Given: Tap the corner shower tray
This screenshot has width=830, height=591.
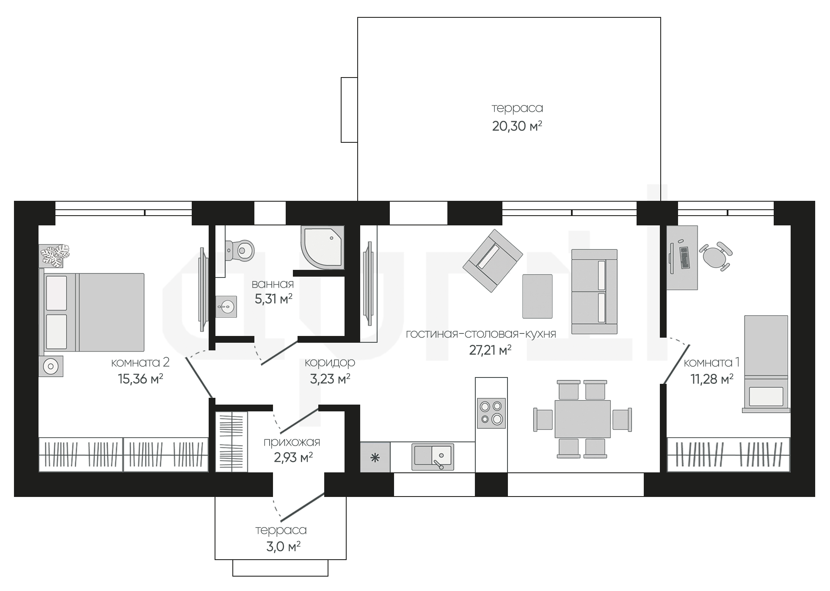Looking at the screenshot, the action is [323, 247].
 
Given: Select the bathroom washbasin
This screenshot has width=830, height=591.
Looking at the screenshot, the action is [226, 306].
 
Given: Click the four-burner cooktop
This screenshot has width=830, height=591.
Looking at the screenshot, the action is [491, 413].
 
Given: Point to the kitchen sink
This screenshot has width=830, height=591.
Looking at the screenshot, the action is [433, 457].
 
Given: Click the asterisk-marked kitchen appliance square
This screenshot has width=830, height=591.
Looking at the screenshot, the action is [375, 457].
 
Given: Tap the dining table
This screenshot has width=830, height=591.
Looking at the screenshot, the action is [582, 419].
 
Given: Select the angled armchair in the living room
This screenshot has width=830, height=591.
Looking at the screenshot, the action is [493, 261].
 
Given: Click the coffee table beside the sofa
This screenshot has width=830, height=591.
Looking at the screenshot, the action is [537, 296].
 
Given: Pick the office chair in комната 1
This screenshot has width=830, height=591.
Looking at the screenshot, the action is [716, 255].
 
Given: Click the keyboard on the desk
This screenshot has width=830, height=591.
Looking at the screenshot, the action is [684, 257].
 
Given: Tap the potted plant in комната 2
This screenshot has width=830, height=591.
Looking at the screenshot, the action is [55, 255].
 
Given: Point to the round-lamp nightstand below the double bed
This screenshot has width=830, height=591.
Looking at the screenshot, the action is [51, 366].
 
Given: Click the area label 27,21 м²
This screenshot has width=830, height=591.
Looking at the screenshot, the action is [490, 350].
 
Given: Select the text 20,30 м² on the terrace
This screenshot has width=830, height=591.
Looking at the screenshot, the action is [517, 126].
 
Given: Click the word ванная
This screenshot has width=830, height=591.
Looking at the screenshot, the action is [273, 284].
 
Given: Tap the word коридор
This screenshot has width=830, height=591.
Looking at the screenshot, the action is [330, 363].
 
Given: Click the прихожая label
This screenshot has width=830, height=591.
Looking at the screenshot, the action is [292, 442].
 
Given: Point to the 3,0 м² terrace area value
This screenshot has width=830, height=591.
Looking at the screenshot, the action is [283, 547].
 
